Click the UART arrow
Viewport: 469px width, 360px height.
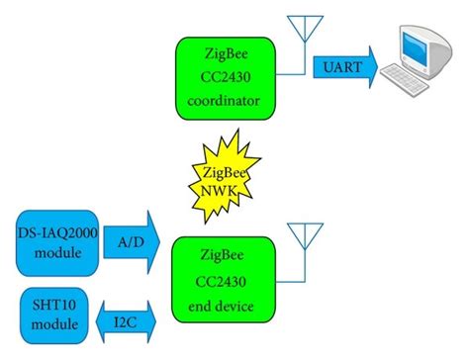pyautogui.click(x=344, y=66)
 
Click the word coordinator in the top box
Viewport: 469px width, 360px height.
pyautogui.click(x=231, y=102)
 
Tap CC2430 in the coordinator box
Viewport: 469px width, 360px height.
pyautogui.click(x=231, y=79)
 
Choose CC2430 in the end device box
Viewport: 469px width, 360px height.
pyautogui.click(x=230, y=279)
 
